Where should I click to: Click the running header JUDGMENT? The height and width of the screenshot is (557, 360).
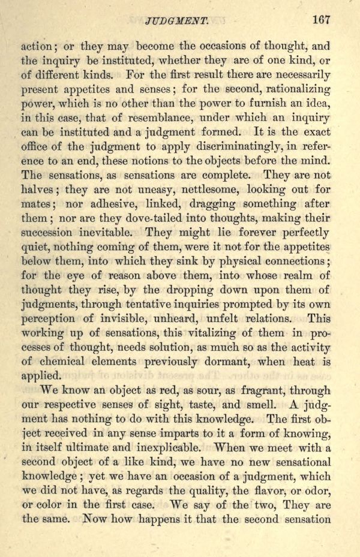[176, 21]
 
